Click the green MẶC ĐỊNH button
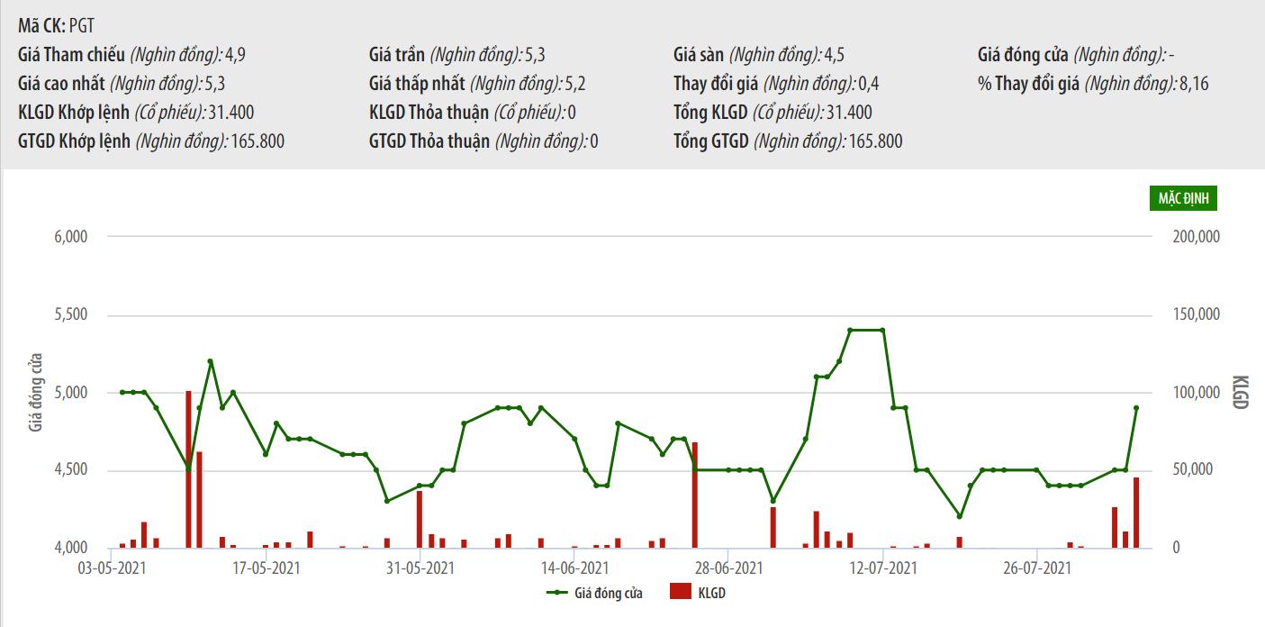(1182, 198)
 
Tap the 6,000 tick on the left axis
(70, 237)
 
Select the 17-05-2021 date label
(267, 568)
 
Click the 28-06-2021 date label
(730, 568)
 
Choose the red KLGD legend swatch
(681, 593)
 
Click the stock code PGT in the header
(81, 26)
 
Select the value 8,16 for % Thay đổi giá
(1194, 84)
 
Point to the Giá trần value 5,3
(534, 55)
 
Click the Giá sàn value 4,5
(834, 55)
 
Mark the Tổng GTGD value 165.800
(873, 141)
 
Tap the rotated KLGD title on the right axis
(1239, 392)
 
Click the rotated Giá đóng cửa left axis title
(36, 392)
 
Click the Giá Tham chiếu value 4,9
(235, 55)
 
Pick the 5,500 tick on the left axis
(70, 315)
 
